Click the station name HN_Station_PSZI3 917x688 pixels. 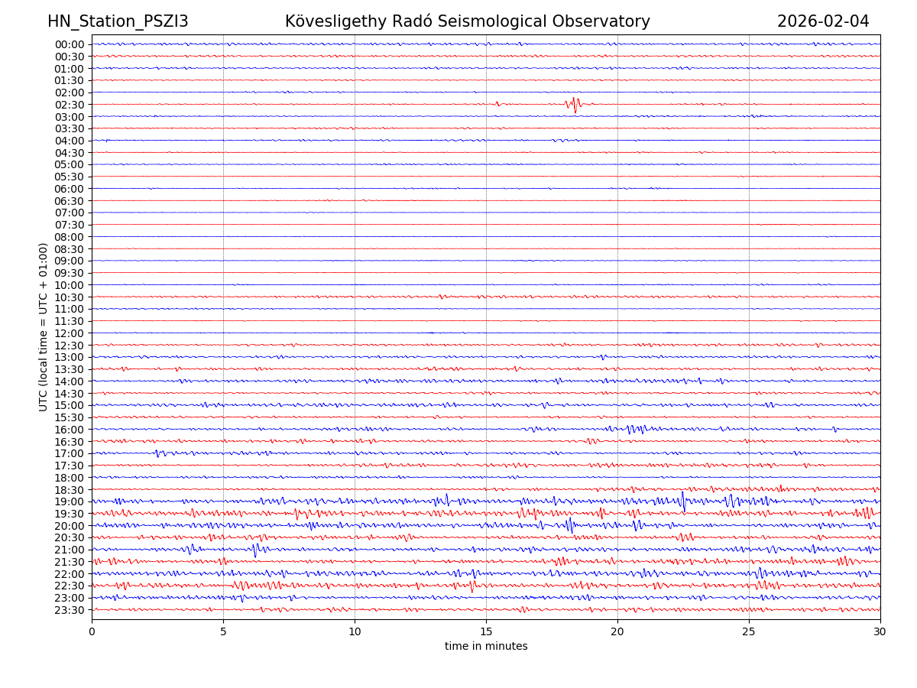[118, 21]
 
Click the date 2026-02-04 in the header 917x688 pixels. [823, 21]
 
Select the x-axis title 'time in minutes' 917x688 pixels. [486, 646]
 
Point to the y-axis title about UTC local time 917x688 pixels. [44, 326]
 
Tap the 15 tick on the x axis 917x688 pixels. [486, 631]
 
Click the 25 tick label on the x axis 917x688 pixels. [749, 631]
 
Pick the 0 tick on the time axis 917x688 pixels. [92, 631]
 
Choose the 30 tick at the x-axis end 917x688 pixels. [880, 631]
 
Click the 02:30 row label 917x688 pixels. [70, 105]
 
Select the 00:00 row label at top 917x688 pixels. [70, 44]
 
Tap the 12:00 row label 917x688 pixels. [70, 333]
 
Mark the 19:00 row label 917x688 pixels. [70, 501]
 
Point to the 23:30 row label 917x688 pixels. [70, 610]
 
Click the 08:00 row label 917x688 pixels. [70, 237]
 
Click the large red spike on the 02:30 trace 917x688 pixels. [575, 105]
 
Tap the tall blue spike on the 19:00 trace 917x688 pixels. [683, 501]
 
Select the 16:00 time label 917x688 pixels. [70, 430]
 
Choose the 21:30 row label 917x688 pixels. [70, 562]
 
